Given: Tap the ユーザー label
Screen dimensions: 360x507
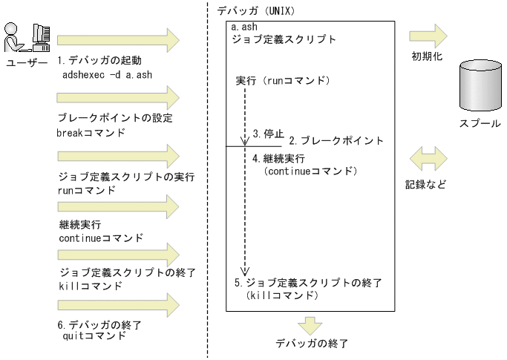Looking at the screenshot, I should tap(26, 64).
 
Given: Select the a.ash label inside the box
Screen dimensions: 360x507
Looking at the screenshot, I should tap(244, 28).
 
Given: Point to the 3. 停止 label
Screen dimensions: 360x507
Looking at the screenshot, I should tap(268, 134).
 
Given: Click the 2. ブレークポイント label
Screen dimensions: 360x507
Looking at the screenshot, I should tap(336, 140).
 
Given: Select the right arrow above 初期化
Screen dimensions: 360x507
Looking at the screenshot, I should tap(429, 35).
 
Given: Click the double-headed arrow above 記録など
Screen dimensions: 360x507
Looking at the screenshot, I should tap(429, 157).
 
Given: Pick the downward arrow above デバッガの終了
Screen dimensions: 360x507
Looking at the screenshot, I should tap(309, 324).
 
